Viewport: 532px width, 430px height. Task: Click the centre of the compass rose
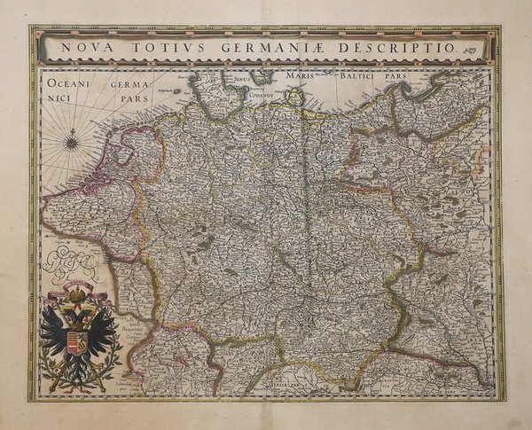pyautogui.click(x=71, y=139)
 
